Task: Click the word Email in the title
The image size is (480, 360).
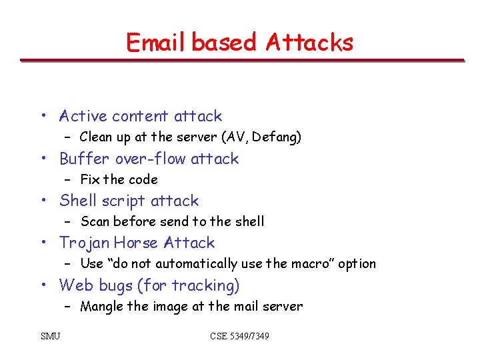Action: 156,43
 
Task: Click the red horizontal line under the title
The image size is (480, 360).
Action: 241,61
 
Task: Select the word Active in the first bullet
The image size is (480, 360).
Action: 83,116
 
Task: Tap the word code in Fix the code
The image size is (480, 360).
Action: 143,179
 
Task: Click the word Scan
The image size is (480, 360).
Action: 95,221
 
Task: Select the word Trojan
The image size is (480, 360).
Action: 85,243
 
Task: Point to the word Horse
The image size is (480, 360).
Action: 137,243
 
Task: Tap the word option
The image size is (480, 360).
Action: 358,264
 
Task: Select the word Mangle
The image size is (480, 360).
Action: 101,307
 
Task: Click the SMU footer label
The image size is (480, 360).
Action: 50,336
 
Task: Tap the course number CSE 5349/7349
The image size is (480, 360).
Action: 239,336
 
